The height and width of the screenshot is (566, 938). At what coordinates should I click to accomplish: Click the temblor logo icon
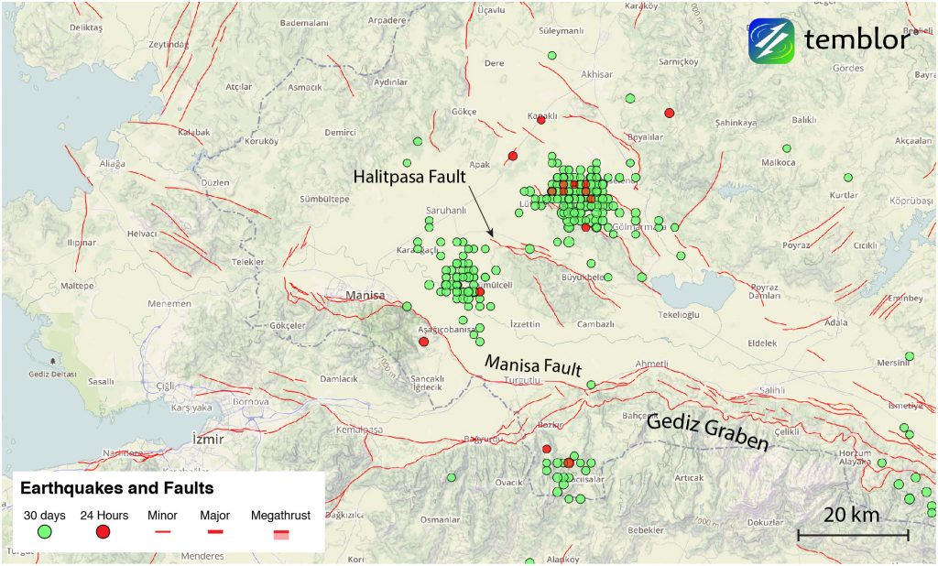(770, 40)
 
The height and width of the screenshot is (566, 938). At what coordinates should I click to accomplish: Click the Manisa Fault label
(533, 365)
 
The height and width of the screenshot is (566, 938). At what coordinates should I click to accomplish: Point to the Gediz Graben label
(707, 431)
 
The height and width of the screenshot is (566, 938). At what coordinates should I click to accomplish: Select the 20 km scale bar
(852, 533)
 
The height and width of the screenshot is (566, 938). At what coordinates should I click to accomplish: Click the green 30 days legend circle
(43, 532)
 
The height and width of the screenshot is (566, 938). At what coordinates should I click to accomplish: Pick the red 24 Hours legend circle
(104, 532)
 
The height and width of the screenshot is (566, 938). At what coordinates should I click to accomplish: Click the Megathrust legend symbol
(280, 533)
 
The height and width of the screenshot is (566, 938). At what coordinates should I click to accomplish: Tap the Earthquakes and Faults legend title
(116, 488)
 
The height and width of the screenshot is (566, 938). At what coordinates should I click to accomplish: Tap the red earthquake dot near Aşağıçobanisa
(423, 342)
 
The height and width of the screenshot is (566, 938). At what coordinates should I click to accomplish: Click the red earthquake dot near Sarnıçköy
(669, 113)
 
